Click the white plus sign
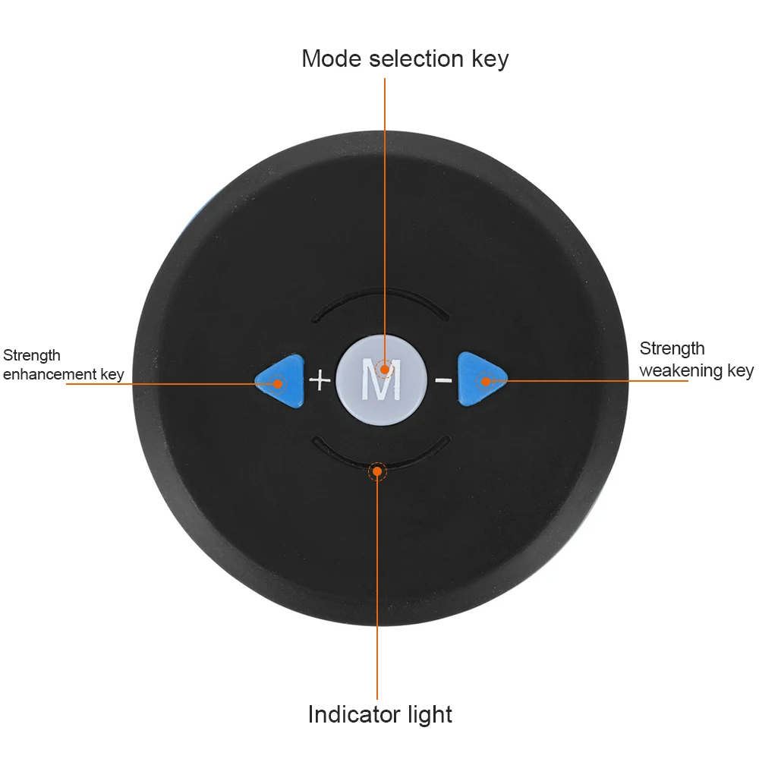[320, 379]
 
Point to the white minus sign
[444, 379]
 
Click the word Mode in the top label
[332, 58]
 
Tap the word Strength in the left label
[32, 355]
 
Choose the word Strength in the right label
[672, 348]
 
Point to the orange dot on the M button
[385, 370]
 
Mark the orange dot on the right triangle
[483, 379]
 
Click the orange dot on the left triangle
[277, 383]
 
